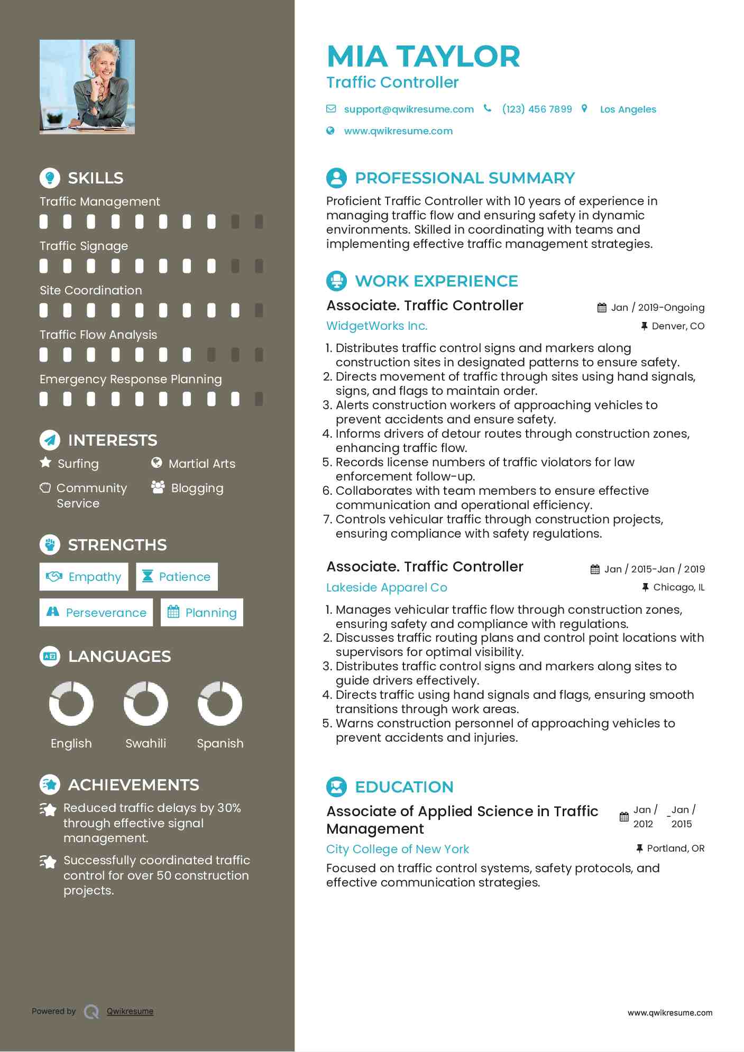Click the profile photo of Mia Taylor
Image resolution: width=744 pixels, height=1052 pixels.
click(x=87, y=87)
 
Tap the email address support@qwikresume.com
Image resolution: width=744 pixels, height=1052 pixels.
click(x=408, y=109)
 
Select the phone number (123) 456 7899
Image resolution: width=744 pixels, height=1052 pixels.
click(x=537, y=109)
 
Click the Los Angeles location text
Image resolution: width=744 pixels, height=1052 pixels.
click(x=628, y=109)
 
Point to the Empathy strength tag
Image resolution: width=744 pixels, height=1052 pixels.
click(x=84, y=577)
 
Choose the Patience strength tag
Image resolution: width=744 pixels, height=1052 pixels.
click(x=177, y=577)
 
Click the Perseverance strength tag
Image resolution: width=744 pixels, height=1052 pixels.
click(x=96, y=613)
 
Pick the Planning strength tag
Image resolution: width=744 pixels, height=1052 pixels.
click(x=202, y=613)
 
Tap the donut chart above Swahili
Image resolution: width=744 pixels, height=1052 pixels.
click(x=145, y=704)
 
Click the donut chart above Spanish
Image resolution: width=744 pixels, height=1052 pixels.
click(x=220, y=704)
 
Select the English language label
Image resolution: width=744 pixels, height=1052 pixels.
click(x=71, y=743)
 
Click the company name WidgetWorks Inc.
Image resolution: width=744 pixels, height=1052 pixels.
click(x=376, y=326)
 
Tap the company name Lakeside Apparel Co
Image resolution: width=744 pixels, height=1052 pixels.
click(x=387, y=587)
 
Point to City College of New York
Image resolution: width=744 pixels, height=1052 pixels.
click(x=398, y=849)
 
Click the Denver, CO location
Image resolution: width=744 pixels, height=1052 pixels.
click(x=677, y=326)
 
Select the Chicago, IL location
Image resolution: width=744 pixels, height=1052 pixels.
click(x=678, y=587)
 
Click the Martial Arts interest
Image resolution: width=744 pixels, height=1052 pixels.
click(x=201, y=464)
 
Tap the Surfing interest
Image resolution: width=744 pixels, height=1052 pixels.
click(x=78, y=464)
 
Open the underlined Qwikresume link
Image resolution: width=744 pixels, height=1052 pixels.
click(x=130, y=1011)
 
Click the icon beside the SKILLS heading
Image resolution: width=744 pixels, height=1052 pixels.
click(x=50, y=178)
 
